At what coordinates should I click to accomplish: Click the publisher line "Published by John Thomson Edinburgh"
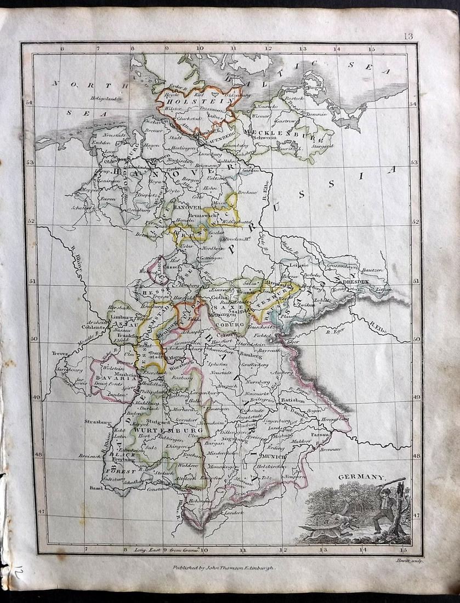pos(225,568)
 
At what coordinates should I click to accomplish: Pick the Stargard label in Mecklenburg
pos(324,147)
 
